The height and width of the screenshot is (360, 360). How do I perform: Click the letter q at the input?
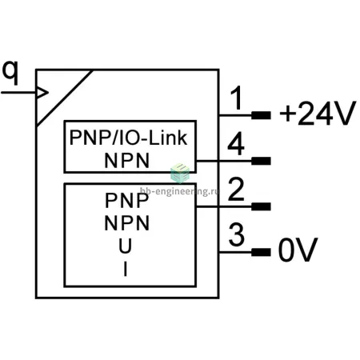click(x=10, y=73)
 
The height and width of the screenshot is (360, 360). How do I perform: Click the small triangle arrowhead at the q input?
click(x=42, y=93)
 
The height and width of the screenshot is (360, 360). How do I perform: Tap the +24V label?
click(x=318, y=113)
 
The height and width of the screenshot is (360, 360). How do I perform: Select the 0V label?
click(x=298, y=250)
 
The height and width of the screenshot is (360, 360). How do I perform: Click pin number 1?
click(x=236, y=98)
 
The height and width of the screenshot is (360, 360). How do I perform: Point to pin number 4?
click(x=236, y=143)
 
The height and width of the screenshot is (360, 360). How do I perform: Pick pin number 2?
click(x=236, y=189)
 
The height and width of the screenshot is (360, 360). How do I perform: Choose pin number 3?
click(x=237, y=234)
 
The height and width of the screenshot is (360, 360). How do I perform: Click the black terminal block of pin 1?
click(x=261, y=115)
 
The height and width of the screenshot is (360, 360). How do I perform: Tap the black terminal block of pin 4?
click(x=261, y=161)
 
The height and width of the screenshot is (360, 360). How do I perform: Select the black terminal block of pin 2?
click(x=261, y=206)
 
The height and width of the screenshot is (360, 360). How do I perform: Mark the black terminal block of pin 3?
click(x=261, y=252)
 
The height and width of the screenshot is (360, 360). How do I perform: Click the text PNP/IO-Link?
click(x=128, y=138)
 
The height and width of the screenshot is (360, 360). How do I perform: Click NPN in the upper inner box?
click(x=127, y=161)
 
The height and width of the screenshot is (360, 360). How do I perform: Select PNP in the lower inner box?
click(x=127, y=200)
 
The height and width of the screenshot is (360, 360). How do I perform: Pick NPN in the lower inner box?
click(x=127, y=223)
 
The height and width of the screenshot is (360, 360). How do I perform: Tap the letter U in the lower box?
click(x=126, y=246)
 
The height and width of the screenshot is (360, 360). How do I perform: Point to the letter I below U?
click(x=126, y=269)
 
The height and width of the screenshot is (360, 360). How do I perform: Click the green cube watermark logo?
click(x=180, y=174)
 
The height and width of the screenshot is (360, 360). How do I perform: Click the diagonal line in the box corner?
click(x=65, y=98)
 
